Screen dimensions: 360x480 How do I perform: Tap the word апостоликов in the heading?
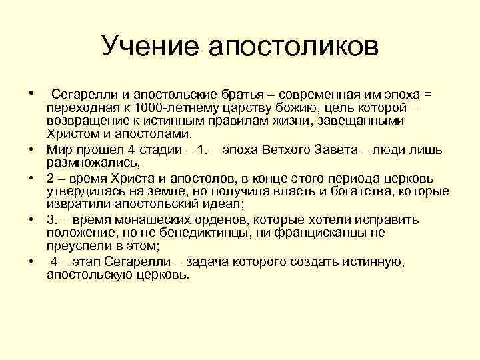pos(294,46)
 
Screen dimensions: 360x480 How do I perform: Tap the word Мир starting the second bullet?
pos(58,149)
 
